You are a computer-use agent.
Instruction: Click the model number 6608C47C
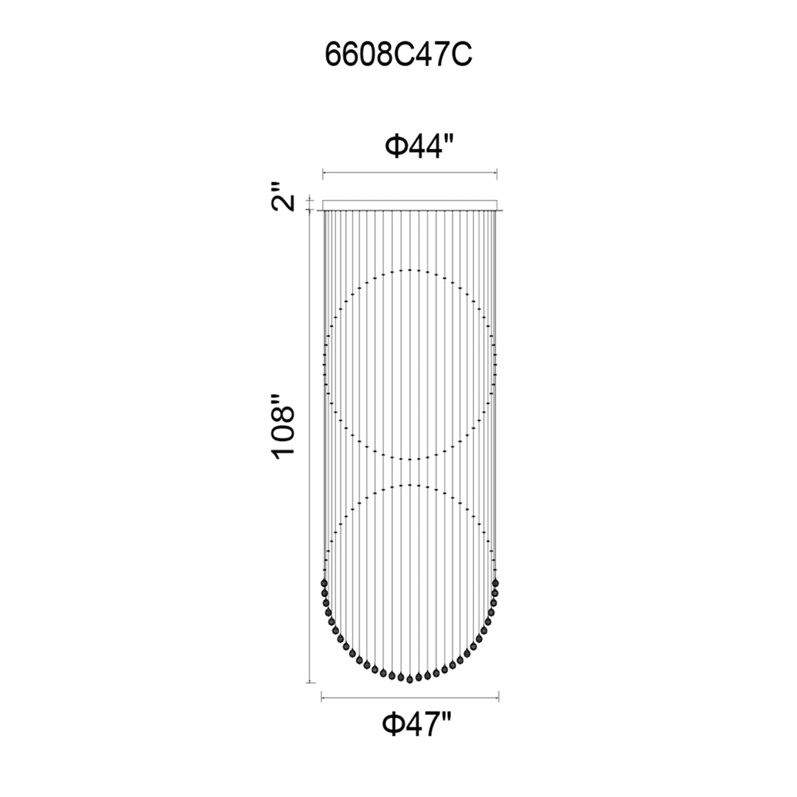[x=398, y=55]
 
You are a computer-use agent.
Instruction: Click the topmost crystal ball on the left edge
[x=324, y=583]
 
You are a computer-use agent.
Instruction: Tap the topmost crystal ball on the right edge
[x=495, y=583]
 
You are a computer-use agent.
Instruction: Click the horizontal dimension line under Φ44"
[x=410, y=174]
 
